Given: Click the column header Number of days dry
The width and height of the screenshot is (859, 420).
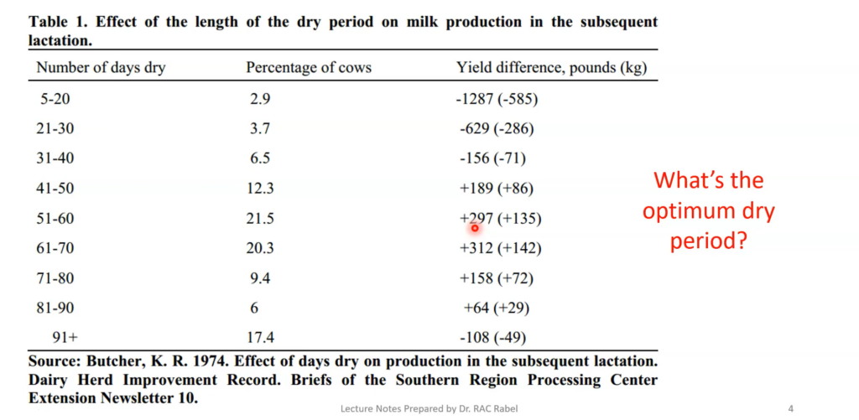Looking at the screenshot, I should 101,68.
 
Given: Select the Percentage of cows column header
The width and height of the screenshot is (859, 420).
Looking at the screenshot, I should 308,68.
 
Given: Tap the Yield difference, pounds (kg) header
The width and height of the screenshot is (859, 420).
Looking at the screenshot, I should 551,68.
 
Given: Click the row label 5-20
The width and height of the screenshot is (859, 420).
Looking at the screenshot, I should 56,99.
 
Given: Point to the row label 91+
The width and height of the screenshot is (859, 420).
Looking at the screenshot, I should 65,339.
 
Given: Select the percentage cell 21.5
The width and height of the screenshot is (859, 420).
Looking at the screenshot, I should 262,219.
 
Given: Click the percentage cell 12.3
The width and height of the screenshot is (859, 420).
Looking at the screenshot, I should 262,189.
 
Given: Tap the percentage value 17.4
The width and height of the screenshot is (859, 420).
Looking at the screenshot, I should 262,339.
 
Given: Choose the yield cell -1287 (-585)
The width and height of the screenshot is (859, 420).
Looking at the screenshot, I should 497,99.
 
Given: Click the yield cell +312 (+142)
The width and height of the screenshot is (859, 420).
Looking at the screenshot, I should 500,248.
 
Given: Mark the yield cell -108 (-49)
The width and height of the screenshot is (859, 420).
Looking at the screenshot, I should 497,339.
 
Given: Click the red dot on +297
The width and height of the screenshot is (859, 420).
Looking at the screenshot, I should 475,227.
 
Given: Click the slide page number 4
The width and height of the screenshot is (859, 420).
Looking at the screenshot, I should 791,408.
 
